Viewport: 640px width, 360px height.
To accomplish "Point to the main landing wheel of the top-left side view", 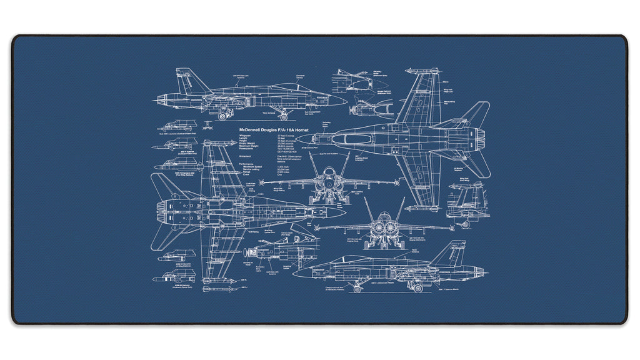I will point(223,114).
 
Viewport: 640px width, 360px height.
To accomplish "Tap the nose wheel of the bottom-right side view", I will point(357,289).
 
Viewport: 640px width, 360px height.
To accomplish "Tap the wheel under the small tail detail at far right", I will point(464,224).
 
